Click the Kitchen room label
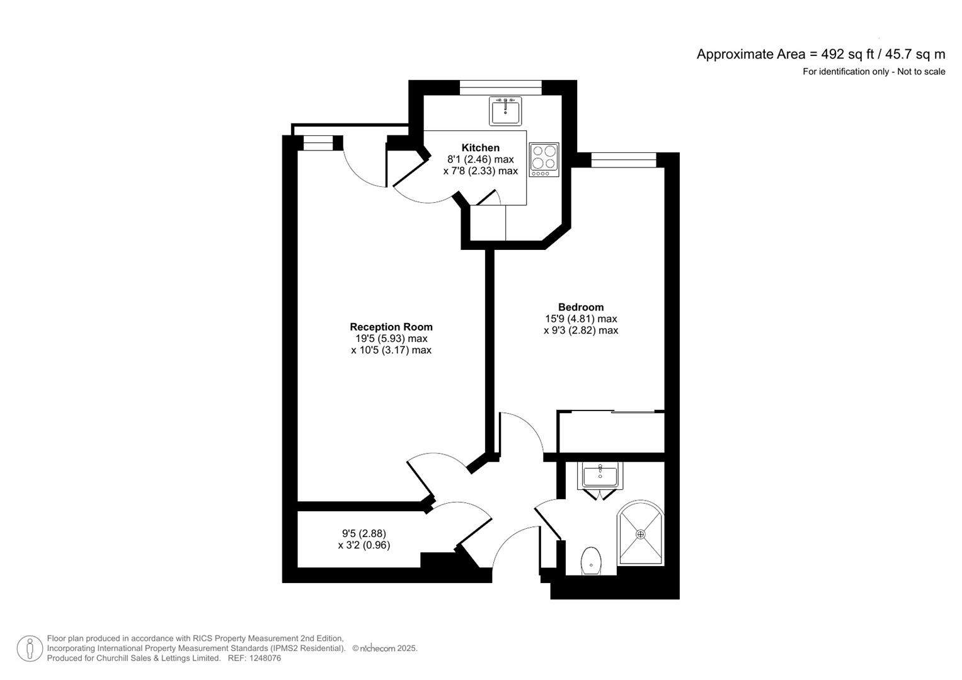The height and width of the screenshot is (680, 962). coord(480,148)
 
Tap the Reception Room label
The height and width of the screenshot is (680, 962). coord(391,327)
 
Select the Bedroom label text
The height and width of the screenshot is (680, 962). coord(580,307)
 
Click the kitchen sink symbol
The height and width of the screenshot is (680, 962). coord(505,111)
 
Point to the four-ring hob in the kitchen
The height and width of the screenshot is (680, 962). coord(544,159)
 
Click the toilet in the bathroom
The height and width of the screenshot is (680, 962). coord(590,560)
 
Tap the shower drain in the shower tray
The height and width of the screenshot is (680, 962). coord(641,534)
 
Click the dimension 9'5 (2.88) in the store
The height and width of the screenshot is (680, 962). coord(364,533)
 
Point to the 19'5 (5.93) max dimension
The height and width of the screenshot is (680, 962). coord(391,339)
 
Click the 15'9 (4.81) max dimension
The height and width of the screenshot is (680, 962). coord(580,319)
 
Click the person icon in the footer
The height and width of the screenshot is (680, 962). coord(30,649)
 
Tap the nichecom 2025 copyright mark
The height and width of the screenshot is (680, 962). coord(384,649)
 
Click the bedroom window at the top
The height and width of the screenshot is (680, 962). coord(624,160)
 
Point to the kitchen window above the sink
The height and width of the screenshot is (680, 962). coord(500,88)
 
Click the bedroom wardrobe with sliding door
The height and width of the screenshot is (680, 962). coord(611,431)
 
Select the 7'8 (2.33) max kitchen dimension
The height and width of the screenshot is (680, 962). coord(480,171)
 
